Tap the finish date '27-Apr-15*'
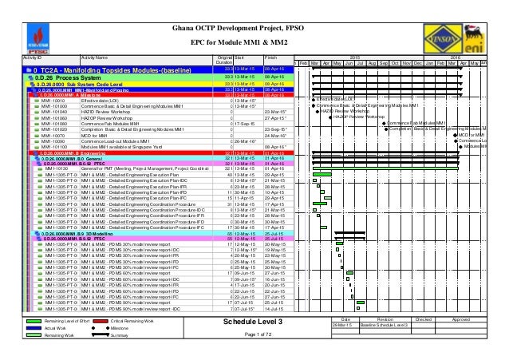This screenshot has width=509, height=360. coord(275,117)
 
